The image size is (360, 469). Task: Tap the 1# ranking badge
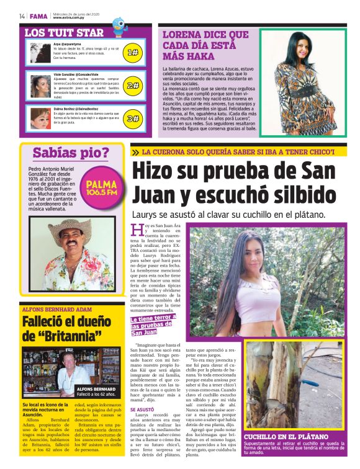pos(132,53)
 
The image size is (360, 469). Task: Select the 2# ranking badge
pos(132,86)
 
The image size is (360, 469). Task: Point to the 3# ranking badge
pos(132,118)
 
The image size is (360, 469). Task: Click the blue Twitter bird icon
pos(119,24)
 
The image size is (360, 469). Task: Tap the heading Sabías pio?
pos(71,153)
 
